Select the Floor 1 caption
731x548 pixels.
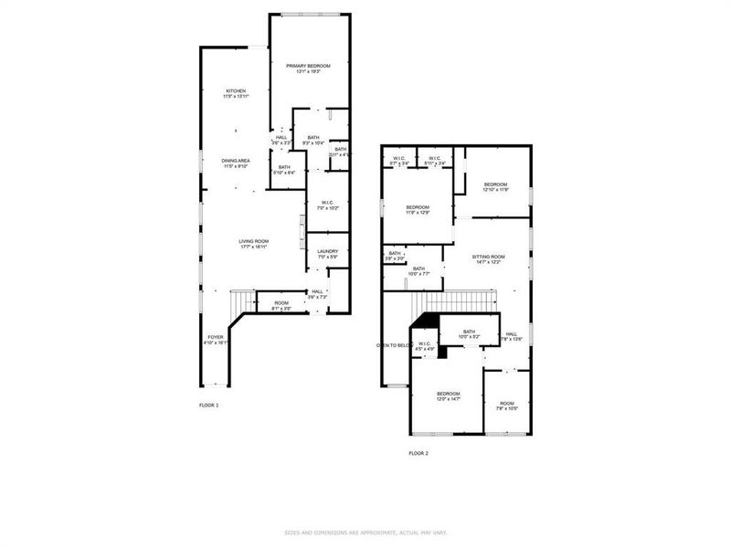[x=209, y=405]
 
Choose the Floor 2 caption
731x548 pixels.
[x=418, y=453]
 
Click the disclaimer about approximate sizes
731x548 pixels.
[x=365, y=532]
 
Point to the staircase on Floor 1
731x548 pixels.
[x=242, y=301]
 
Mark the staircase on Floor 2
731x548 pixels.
[x=454, y=301]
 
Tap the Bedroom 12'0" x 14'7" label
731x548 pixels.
[x=449, y=395]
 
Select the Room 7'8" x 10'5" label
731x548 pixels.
[x=507, y=406]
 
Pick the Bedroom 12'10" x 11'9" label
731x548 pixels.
[x=496, y=186]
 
